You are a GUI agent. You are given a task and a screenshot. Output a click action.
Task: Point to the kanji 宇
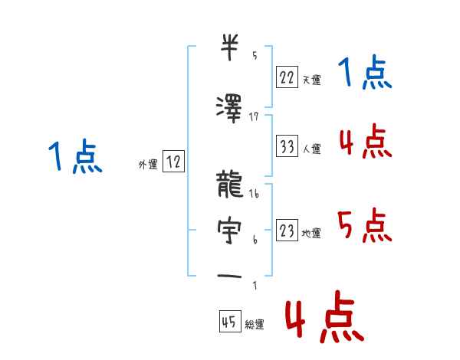click(228, 230)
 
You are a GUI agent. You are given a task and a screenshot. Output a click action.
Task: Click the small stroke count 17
click(254, 117)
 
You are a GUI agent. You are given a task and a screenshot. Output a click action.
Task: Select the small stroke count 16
click(254, 195)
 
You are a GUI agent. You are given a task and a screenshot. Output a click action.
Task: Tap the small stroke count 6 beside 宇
click(255, 240)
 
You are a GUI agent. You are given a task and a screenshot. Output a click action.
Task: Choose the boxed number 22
click(287, 76)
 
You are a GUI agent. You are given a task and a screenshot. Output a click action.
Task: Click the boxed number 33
click(287, 146)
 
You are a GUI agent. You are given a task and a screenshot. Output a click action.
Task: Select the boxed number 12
click(173, 162)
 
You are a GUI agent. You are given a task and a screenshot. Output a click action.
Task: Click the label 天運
click(311, 80)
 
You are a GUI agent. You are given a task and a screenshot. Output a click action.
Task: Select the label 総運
click(254, 325)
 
